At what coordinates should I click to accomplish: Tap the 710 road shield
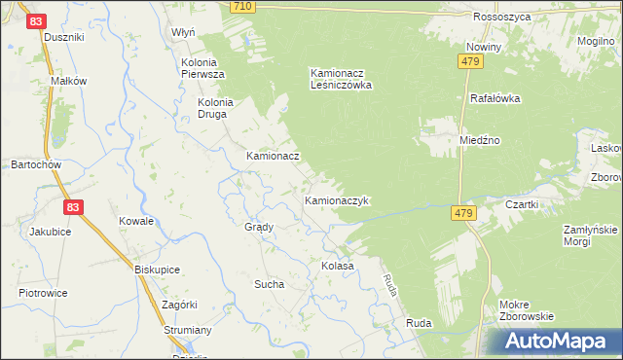243,7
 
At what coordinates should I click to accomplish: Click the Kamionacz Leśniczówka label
342,79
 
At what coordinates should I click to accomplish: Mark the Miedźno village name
480,140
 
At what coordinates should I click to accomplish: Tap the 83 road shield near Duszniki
36,19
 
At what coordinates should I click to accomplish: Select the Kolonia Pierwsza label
203,68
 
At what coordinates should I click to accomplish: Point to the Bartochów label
36,165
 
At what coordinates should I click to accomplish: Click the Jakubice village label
51,232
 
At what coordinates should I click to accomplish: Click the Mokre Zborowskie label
526,309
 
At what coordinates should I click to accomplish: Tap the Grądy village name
259,227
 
